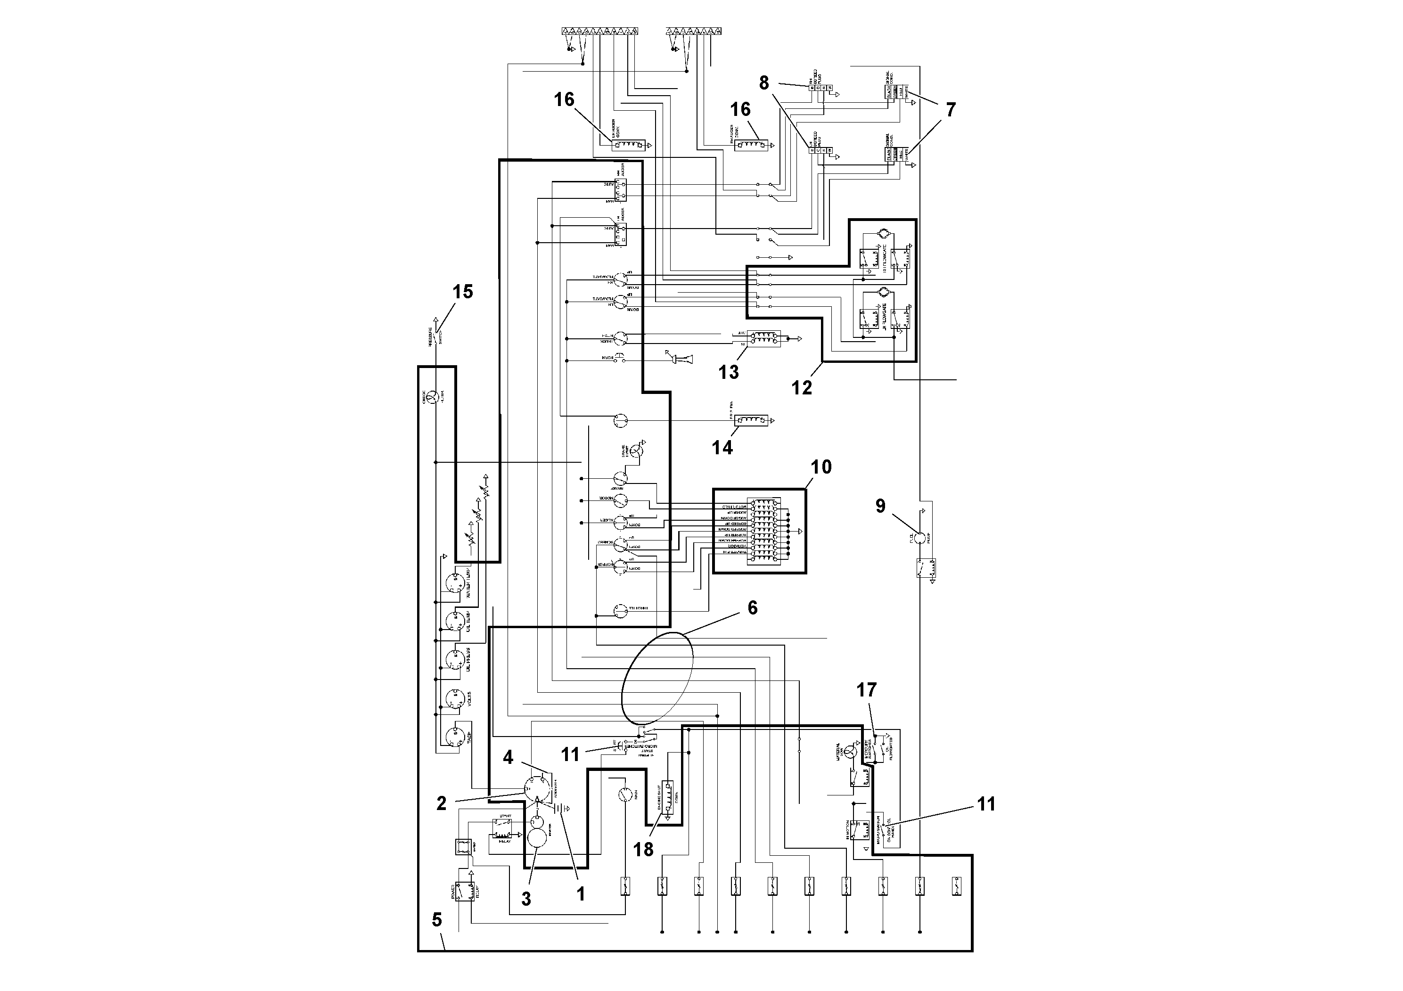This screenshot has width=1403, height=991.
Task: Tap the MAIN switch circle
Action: pyautogui.click(x=624, y=794)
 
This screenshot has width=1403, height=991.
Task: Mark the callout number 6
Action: pyautogui.click(x=752, y=608)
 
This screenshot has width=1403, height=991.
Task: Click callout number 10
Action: pyautogui.click(x=820, y=467)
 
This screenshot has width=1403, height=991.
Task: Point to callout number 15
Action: pyautogui.click(x=463, y=292)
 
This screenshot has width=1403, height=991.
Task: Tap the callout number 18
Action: pyautogui.click(x=643, y=849)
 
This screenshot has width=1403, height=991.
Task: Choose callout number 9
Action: pyautogui.click(x=880, y=506)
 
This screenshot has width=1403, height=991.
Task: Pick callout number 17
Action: pyautogui.click(x=866, y=690)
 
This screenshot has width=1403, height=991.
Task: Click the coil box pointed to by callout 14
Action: pyautogui.click(x=752, y=420)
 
